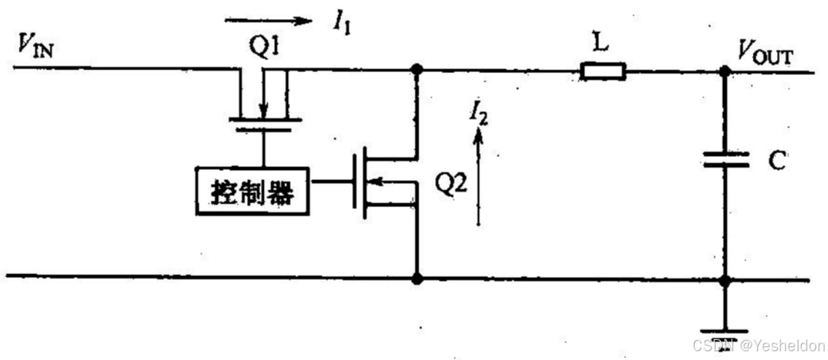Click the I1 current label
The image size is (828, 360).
[341, 23]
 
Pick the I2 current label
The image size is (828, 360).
[479, 114]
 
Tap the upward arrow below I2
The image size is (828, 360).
[479, 175]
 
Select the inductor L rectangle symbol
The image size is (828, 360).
[603, 71]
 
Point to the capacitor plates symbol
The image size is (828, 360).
[726, 160]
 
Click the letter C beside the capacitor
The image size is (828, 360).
[776, 161]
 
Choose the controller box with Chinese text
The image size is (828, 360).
[252, 191]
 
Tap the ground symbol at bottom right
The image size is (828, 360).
[724, 329]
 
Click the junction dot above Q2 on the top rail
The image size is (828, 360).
[417, 70]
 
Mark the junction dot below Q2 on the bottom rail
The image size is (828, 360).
[417, 278]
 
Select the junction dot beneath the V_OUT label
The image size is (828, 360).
[724, 71]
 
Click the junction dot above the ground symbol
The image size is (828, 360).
[724, 280]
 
